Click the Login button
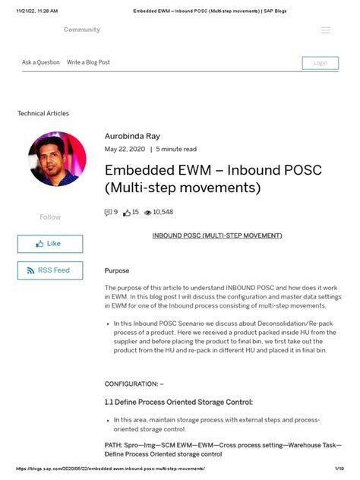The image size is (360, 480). click(x=320, y=62)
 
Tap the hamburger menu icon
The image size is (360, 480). click(x=326, y=30)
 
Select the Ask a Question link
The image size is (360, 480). click(x=41, y=62)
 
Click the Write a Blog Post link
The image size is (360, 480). click(x=88, y=62)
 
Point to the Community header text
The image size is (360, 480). click(x=82, y=30)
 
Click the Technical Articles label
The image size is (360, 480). click(x=43, y=113)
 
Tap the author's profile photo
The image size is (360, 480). click(x=56, y=159)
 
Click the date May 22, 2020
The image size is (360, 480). click(x=125, y=149)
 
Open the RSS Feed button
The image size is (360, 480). click(x=50, y=270)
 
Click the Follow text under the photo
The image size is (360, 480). click(x=50, y=217)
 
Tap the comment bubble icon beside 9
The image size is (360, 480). click(x=108, y=213)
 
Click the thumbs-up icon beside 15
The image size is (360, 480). click(x=127, y=213)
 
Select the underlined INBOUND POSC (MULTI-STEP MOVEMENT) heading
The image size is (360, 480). click(x=217, y=235)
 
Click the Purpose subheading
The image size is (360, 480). click(x=116, y=270)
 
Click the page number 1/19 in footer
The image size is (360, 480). click(x=337, y=469)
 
